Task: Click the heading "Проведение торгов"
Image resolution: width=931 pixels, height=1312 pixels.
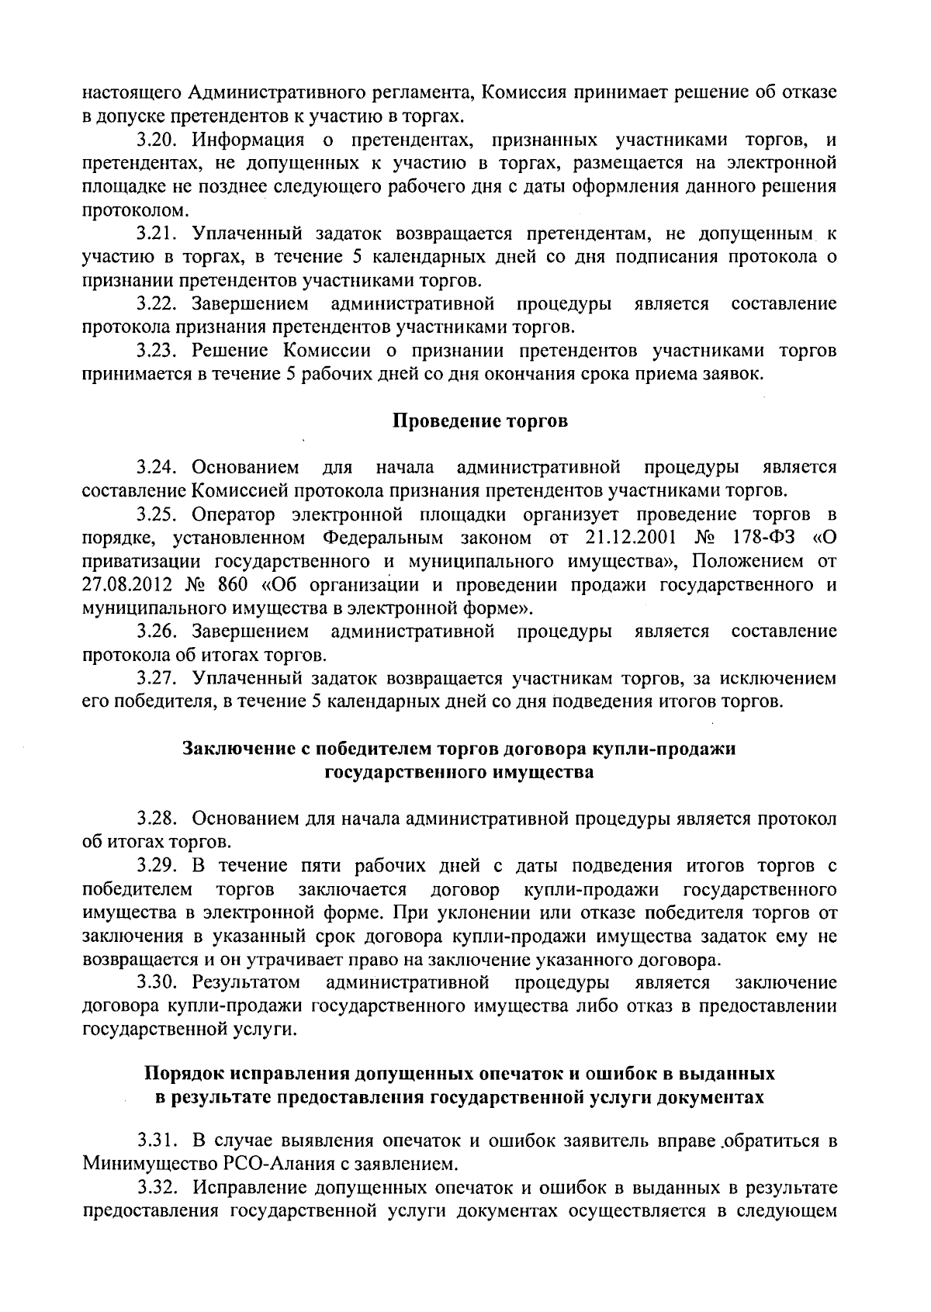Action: [479, 421]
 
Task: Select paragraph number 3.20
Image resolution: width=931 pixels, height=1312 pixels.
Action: [157, 140]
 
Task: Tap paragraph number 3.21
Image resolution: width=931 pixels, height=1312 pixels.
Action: [157, 234]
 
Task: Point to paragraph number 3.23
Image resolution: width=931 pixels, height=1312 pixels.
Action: [157, 351]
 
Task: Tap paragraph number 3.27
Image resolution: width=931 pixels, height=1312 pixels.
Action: [157, 679]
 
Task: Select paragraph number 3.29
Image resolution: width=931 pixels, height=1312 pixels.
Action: [157, 865]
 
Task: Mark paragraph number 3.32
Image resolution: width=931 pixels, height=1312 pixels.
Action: [157, 1187]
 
